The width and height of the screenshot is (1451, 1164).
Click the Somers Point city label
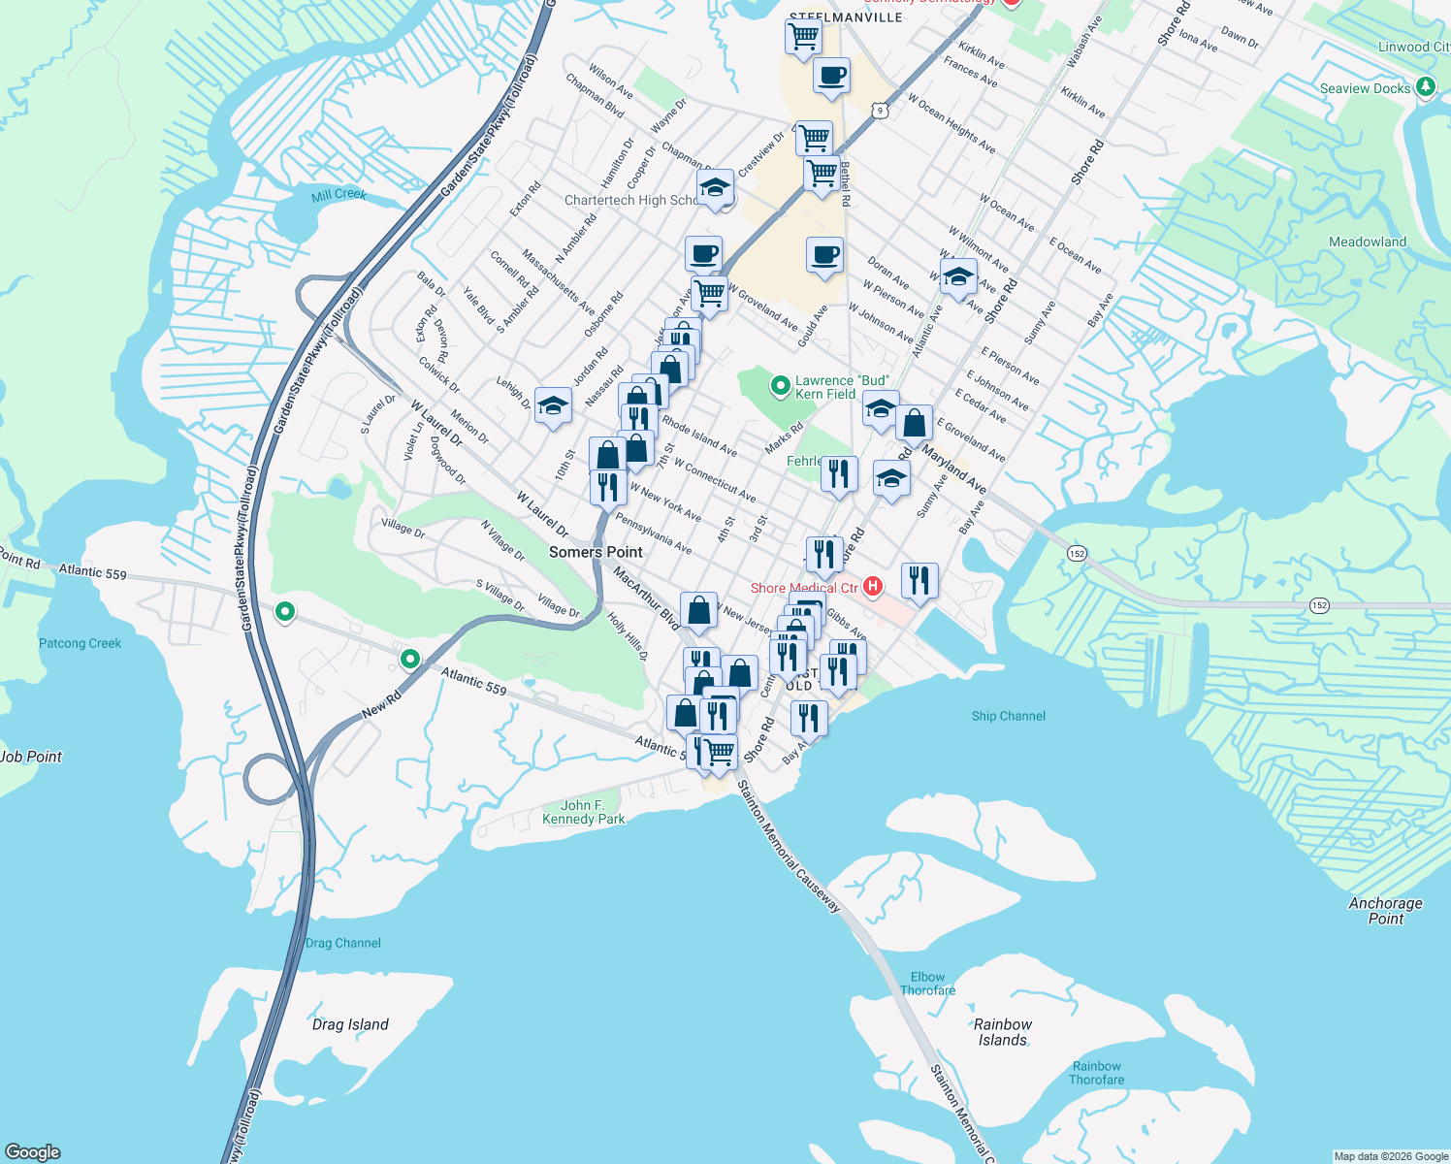[596, 552]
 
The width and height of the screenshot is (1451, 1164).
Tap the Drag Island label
[350, 1024]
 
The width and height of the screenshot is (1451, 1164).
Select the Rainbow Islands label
[1003, 1032]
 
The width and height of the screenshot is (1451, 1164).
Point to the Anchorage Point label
[1385, 911]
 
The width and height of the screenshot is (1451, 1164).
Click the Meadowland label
[1367, 242]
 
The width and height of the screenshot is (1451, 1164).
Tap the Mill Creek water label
[339, 195]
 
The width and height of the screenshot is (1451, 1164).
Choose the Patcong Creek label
[80, 643]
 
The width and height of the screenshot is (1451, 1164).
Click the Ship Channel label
[1009, 716]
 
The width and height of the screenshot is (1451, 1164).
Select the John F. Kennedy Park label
[583, 812]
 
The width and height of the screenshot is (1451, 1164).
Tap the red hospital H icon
[873, 586]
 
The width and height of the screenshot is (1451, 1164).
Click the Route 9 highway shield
[880, 111]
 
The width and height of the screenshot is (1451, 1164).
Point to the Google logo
[33, 1152]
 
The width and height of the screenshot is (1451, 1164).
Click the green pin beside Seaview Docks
[1425, 87]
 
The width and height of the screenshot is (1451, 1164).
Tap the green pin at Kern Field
[780, 386]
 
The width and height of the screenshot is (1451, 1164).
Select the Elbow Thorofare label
[927, 984]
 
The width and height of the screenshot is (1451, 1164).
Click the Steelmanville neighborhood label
[846, 17]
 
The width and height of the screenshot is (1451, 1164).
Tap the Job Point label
[31, 757]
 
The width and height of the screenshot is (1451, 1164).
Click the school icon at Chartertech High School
[715, 189]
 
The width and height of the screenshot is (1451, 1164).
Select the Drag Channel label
[342, 943]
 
